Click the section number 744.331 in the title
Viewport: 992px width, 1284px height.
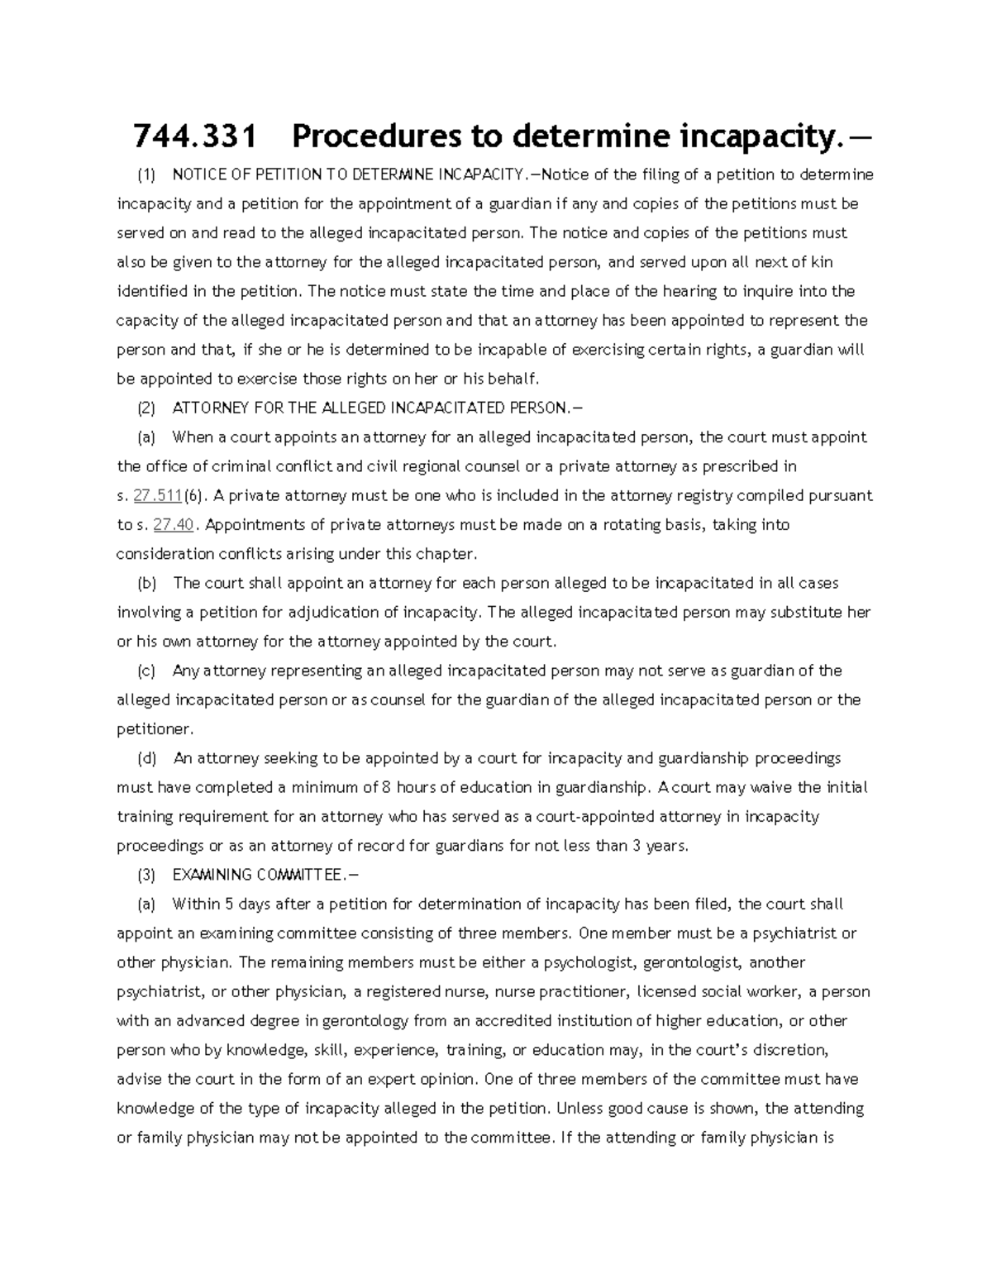[194, 137]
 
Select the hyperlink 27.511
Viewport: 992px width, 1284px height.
[157, 496]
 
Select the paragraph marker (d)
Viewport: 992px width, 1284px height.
[146, 758]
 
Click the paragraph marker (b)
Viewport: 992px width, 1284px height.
[146, 583]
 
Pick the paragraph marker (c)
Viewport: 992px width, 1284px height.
[146, 671]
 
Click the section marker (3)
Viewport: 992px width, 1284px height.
[146, 875]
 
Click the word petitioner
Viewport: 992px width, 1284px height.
[154, 729]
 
